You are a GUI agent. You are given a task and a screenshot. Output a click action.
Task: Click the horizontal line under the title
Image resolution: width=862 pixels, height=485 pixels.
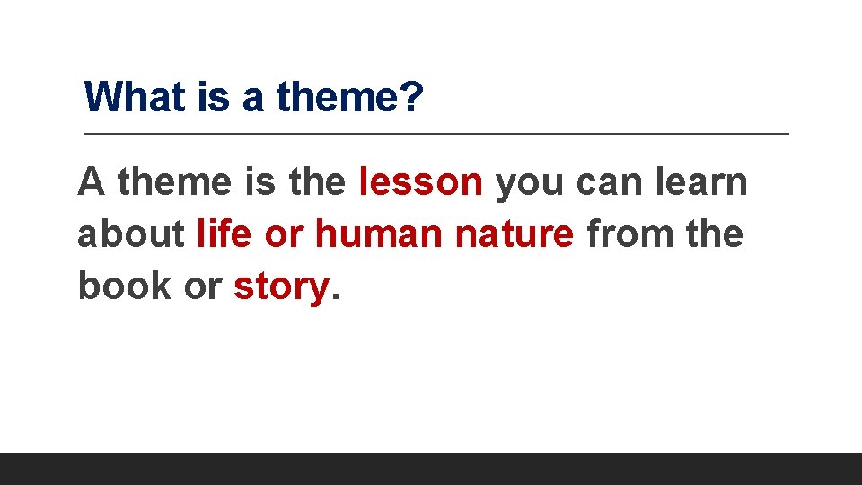pyautogui.click(x=436, y=134)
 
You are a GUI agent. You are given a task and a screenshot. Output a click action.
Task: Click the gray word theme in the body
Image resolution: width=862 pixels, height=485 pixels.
pyautogui.click(x=174, y=182)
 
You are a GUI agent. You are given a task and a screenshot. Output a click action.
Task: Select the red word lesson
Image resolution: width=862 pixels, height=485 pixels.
pyautogui.click(x=420, y=182)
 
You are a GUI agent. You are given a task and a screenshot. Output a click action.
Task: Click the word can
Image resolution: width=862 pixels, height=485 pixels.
pyautogui.click(x=607, y=182)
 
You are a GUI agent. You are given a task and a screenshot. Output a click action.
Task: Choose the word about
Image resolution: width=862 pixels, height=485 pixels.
pyautogui.click(x=132, y=234)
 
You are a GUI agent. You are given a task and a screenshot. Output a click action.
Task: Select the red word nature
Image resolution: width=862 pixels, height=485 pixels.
pyautogui.click(x=515, y=234)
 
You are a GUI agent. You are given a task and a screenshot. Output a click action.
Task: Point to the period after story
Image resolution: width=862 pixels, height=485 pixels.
pyautogui.click(x=336, y=298)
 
